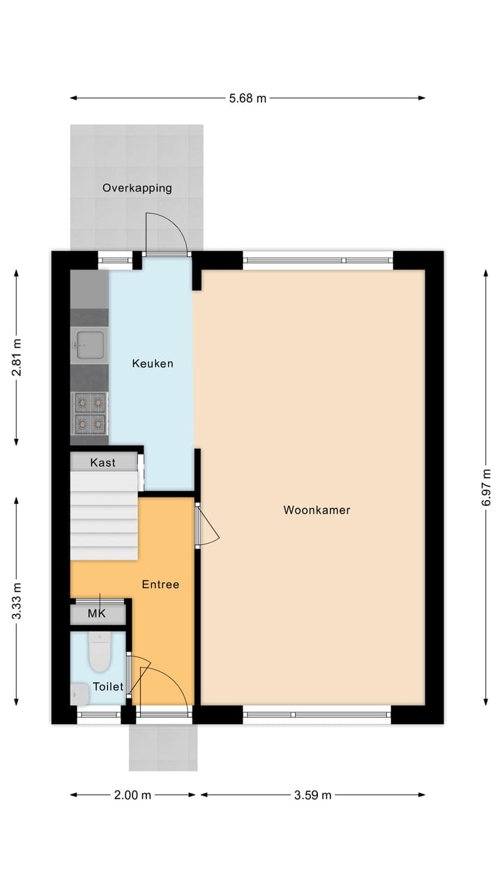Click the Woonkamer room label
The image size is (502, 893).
point(317,510)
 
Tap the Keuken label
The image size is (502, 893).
point(153,363)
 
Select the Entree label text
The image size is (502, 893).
point(160,585)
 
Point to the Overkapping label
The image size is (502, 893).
point(137,188)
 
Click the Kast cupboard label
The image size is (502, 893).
point(103,463)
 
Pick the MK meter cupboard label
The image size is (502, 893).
point(96,615)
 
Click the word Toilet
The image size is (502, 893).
point(108,686)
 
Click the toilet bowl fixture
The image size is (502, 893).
point(100,652)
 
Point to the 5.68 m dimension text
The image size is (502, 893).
point(248,98)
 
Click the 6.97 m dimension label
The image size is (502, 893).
point(486,488)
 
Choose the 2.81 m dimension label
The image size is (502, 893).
point(17,357)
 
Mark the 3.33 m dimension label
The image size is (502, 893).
point(17,601)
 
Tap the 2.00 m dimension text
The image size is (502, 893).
point(132,795)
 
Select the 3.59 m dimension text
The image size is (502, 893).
point(312,795)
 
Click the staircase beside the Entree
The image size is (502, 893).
point(105,516)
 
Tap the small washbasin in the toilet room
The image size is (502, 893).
point(78,693)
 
